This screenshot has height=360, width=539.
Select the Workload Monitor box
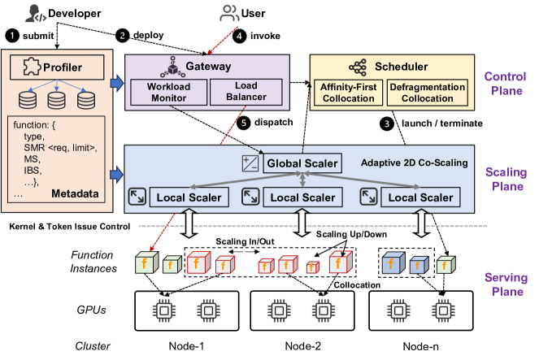(x=167, y=93)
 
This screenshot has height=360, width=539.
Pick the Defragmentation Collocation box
(x=426, y=93)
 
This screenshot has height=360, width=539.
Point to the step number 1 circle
(x=11, y=36)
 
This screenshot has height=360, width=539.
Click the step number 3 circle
(x=388, y=124)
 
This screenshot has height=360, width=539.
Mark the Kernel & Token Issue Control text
(x=72, y=225)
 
